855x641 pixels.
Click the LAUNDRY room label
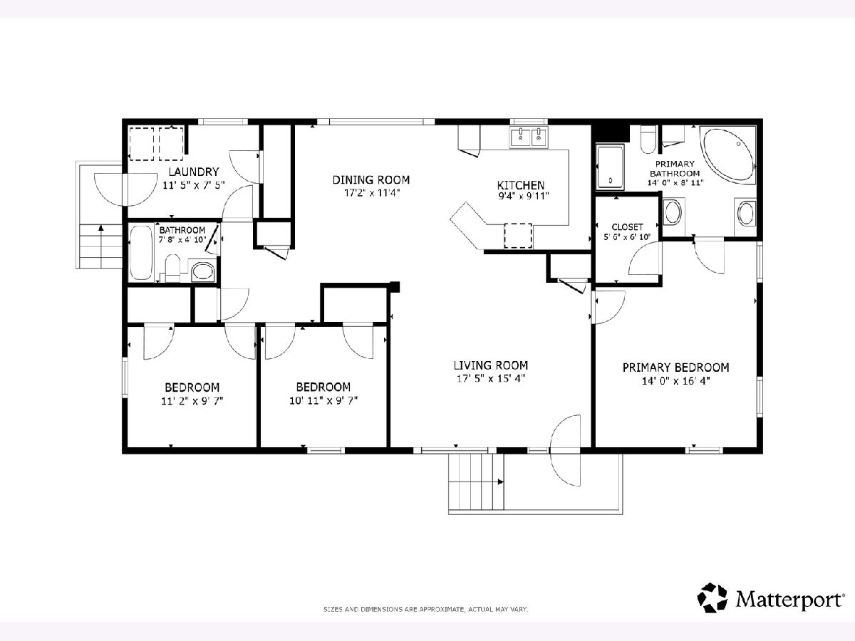(194, 172)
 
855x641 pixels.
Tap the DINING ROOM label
(370, 179)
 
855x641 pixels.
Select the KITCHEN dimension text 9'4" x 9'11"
(524, 196)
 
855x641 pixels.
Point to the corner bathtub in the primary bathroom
(727, 155)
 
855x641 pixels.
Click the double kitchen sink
(529, 137)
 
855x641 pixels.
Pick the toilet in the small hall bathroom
(172, 268)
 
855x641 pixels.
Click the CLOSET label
(627, 226)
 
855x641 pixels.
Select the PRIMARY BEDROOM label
(676, 368)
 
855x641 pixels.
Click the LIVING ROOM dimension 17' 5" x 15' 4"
(491, 378)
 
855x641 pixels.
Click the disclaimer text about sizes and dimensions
(426, 609)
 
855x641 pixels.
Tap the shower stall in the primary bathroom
(610, 167)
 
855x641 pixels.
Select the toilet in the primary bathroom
(648, 140)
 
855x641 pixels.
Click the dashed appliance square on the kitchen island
(518, 236)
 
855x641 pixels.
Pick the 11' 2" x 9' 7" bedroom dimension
(192, 401)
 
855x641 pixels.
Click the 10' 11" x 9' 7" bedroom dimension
(323, 400)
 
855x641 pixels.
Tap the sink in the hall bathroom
(203, 271)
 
